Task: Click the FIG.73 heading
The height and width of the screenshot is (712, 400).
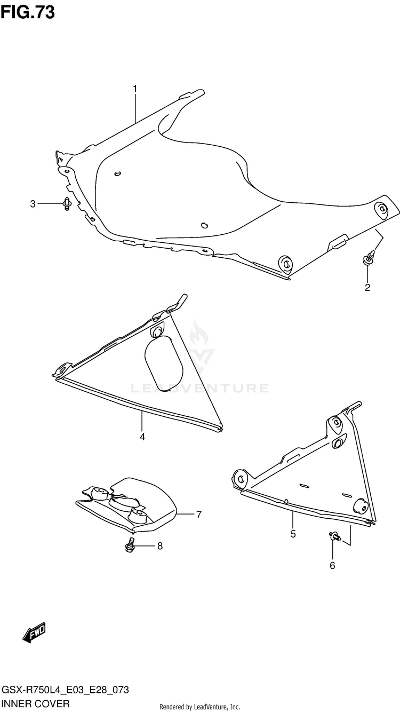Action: pyautogui.click(x=28, y=12)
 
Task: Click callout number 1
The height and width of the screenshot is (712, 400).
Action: pyautogui.click(x=135, y=88)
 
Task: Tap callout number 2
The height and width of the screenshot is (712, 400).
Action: pyautogui.click(x=367, y=288)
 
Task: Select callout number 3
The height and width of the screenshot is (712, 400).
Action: pyautogui.click(x=33, y=203)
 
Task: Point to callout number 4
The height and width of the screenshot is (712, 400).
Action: pyautogui.click(x=142, y=437)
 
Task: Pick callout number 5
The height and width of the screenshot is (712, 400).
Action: pyautogui.click(x=293, y=534)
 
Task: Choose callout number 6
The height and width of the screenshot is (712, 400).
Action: pyautogui.click(x=332, y=566)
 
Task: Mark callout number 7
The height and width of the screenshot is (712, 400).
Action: pyautogui.click(x=198, y=515)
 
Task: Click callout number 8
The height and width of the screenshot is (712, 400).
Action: pyautogui.click(x=159, y=546)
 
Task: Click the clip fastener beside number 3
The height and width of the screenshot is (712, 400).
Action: pyautogui.click(x=67, y=203)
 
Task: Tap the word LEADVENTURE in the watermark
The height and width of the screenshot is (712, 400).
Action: pyautogui.click(x=201, y=388)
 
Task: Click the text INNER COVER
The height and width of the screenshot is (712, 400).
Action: pyautogui.click(x=36, y=704)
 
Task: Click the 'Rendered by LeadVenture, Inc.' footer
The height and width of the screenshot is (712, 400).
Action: pyautogui.click(x=200, y=707)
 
